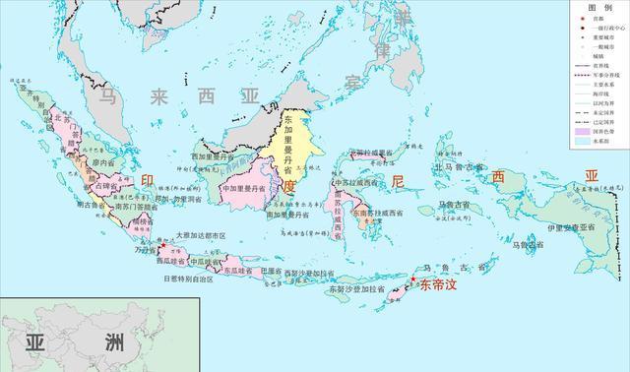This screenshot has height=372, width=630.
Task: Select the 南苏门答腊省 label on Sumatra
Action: click(131, 207)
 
